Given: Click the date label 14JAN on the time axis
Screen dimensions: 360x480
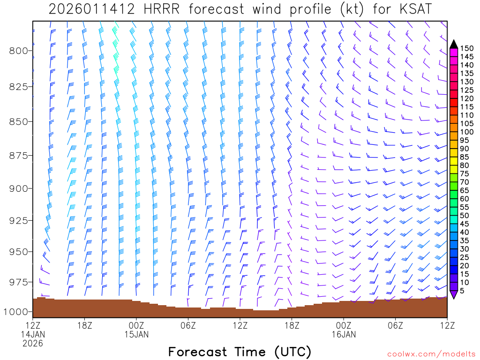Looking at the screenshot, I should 33,334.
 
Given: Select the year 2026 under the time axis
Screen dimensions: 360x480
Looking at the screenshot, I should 33,343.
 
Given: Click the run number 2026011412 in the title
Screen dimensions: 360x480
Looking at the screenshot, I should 89,9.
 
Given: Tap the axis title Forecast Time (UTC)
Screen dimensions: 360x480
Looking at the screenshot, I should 240,352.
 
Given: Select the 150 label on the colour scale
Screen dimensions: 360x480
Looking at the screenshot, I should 467,48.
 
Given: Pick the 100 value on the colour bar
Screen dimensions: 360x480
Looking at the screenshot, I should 467,132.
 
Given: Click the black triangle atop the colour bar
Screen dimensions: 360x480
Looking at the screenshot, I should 454,44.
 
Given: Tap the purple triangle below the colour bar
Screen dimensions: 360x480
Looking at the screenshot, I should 454,294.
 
